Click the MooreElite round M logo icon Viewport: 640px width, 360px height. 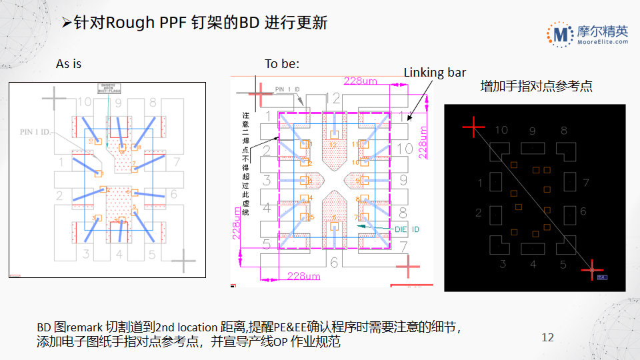click(x=560, y=34)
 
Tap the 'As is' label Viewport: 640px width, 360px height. click(x=69, y=64)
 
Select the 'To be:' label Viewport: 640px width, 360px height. click(x=282, y=64)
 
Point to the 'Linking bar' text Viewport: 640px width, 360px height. click(x=435, y=73)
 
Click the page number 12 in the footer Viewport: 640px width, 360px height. click(x=547, y=337)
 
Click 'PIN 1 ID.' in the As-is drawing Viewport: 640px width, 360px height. click(x=37, y=132)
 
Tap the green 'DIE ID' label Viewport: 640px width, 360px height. click(x=407, y=229)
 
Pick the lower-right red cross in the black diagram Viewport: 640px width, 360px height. click(x=591, y=270)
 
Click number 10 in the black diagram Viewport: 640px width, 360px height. click(x=501, y=131)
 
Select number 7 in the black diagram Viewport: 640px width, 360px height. click(x=585, y=183)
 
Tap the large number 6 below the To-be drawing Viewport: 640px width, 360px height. click(x=334, y=263)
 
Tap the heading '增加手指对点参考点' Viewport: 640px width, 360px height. click(x=537, y=86)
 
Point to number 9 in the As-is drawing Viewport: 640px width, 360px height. click(x=118, y=103)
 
